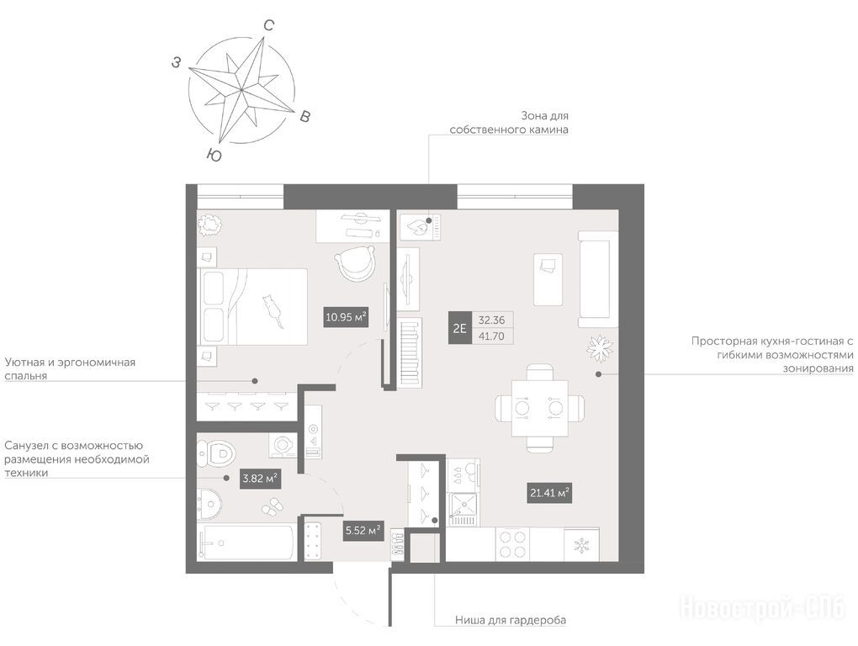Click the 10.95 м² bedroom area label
point(346,317)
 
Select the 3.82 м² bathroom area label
point(261,479)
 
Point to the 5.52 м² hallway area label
point(363,530)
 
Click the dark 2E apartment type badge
point(459,328)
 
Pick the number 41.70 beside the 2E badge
point(491,336)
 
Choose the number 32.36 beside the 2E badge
point(491,320)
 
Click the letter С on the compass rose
point(268,25)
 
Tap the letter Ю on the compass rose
point(214,156)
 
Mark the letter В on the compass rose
point(305,116)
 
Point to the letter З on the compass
point(176,63)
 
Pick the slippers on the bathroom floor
point(272,506)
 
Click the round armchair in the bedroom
point(356,263)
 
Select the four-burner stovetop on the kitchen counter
point(513,544)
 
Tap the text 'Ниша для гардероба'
point(511,620)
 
